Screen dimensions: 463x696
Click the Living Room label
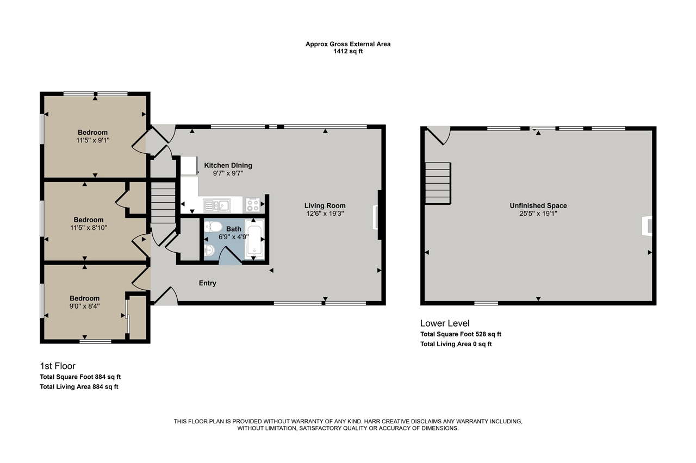325,205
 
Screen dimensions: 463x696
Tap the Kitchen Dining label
228,165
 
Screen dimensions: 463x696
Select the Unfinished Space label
538,205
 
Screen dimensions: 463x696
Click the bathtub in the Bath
254,238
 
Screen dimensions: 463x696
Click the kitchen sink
216,205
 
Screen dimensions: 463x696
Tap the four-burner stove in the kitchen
253,205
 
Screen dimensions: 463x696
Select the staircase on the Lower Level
438,183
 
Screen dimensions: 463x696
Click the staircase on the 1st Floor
163,202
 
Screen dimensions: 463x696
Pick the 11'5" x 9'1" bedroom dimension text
92,141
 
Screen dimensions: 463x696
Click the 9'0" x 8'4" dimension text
84,306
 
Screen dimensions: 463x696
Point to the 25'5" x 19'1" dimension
538,214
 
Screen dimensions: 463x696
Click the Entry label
207,283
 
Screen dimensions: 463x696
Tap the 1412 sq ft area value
348,52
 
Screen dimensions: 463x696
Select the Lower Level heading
444,323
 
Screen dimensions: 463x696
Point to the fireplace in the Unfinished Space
647,226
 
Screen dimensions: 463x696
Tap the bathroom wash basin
210,250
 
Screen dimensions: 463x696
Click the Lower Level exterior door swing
438,135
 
